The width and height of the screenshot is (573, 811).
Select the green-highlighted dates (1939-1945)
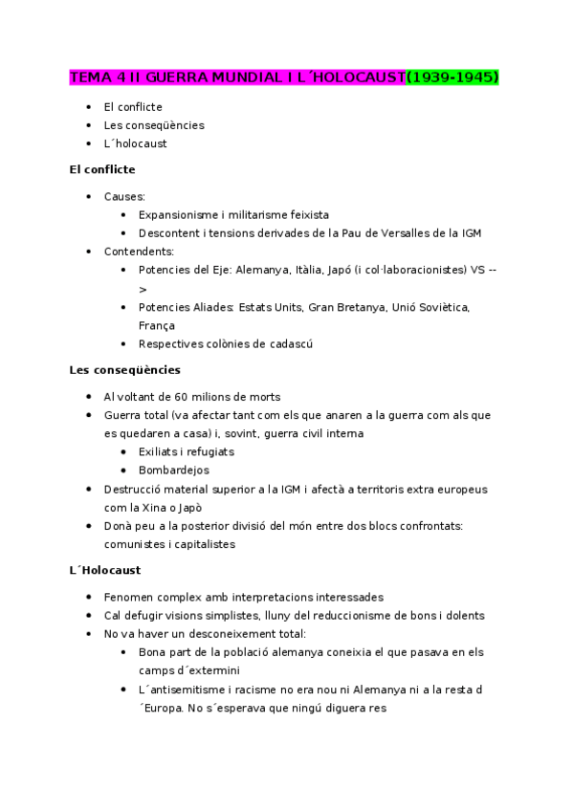coord(452,77)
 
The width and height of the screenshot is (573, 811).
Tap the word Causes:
coord(124,196)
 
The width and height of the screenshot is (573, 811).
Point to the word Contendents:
coord(139,252)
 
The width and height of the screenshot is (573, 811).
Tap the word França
coord(156,325)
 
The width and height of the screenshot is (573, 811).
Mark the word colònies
coord(231,343)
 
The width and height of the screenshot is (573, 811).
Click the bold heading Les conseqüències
coord(124,369)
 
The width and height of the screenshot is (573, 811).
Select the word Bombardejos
coord(173,471)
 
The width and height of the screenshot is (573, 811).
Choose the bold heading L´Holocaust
coord(105,570)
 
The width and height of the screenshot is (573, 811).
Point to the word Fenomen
coord(129,597)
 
